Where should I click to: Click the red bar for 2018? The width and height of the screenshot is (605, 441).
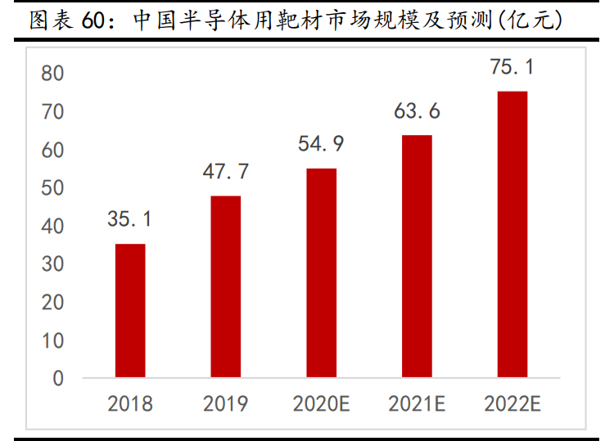click(130, 311)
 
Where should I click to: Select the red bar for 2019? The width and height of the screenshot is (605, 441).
click(226, 286)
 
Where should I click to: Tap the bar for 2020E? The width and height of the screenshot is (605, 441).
click(322, 273)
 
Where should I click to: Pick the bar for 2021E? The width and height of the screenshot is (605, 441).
click(417, 256)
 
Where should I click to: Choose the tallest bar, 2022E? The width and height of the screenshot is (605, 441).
click(512, 234)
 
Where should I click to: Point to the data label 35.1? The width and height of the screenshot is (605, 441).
click(129, 219)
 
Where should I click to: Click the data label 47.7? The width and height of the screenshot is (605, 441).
click(226, 172)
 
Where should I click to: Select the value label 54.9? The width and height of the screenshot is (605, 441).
click(321, 144)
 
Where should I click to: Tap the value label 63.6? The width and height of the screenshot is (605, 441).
click(417, 110)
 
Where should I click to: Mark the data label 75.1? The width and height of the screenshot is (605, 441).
click(512, 67)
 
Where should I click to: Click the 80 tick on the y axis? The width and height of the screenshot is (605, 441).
click(52, 74)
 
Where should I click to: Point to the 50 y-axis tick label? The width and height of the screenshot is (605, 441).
click(52, 188)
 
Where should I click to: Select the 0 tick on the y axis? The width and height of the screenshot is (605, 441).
click(58, 379)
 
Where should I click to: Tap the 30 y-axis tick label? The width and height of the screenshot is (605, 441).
click(52, 264)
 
